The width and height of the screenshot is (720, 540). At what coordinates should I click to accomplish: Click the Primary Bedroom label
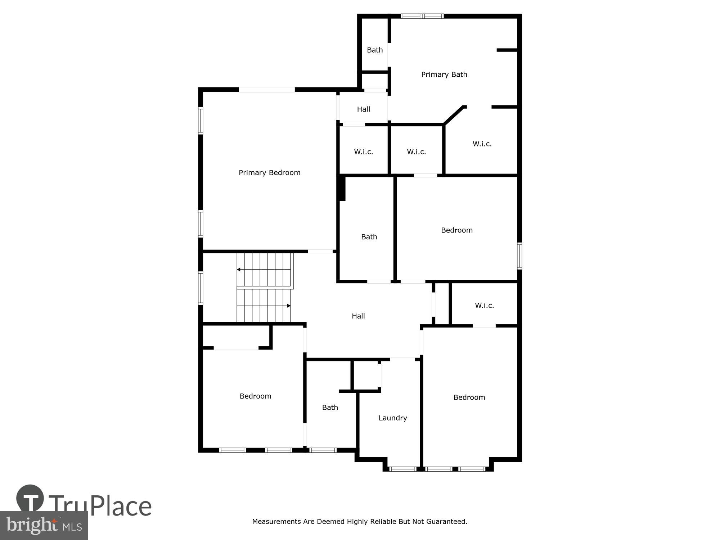click(x=269, y=173)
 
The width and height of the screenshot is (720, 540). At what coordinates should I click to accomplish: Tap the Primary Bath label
click(x=444, y=75)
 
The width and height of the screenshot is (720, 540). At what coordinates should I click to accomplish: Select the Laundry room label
click(x=392, y=418)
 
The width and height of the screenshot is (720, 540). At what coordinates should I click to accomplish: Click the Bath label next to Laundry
click(x=330, y=408)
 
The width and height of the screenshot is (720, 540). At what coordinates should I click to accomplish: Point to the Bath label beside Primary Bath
click(x=374, y=50)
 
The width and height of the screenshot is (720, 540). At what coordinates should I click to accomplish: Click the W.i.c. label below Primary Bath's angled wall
click(x=482, y=144)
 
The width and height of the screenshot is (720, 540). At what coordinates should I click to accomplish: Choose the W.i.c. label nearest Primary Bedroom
click(x=363, y=152)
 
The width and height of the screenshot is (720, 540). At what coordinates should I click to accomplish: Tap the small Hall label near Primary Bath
click(x=363, y=109)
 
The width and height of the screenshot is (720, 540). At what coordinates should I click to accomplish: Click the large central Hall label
click(x=358, y=316)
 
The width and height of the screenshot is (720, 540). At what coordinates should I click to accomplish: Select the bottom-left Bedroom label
click(x=255, y=396)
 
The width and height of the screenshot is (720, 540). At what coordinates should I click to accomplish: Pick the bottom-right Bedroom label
click(x=469, y=397)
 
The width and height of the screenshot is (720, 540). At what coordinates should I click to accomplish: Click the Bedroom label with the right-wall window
click(x=456, y=230)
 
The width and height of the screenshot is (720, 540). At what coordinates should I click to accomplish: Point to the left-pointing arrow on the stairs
click(x=239, y=270)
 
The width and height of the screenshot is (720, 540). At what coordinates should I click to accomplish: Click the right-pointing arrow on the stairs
click(x=289, y=306)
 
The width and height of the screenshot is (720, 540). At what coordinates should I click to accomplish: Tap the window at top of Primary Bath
click(x=422, y=16)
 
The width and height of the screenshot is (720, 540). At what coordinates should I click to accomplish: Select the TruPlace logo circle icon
click(x=30, y=498)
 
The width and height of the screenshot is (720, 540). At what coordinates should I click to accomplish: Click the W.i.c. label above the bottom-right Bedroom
click(x=484, y=306)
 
